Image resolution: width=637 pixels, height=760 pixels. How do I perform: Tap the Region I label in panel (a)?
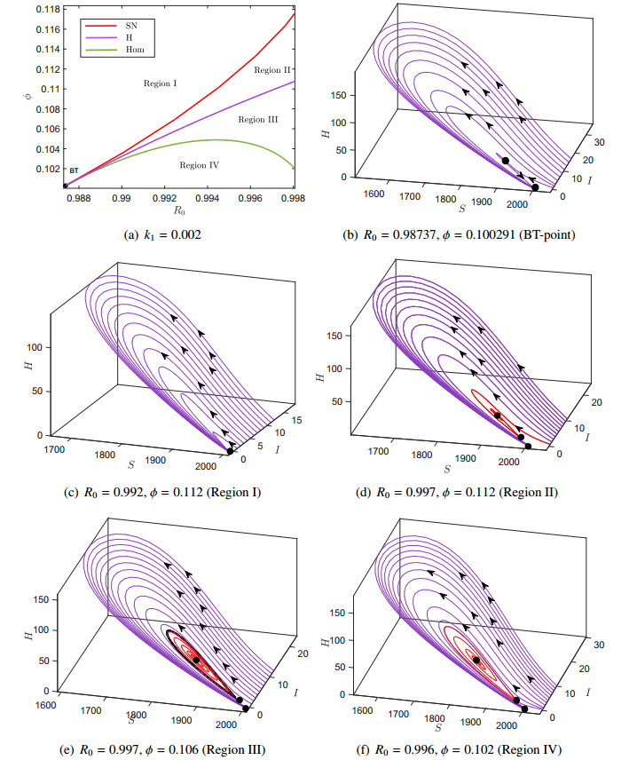pyautogui.click(x=161, y=83)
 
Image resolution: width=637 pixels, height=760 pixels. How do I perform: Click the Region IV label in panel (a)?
pyautogui.click(x=200, y=164)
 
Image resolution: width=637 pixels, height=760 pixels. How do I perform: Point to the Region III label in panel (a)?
pyautogui.click(x=258, y=119)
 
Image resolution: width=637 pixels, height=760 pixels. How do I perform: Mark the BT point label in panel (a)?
pyautogui.click(x=75, y=170)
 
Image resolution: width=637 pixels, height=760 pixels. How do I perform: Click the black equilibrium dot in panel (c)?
pyautogui.click(x=230, y=451)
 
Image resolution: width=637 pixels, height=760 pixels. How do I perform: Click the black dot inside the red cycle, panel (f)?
pyautogui.click(x=476, y=661)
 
